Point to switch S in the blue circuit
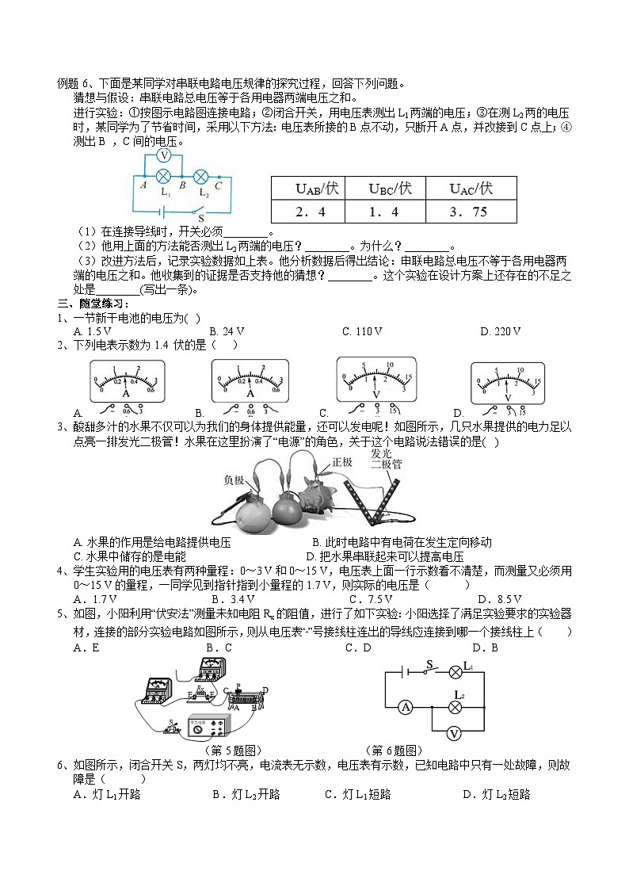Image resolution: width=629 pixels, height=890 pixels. pyautogui.click(x=200, y=212)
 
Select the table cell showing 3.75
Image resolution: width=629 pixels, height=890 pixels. pyautogui.click(x=471, y=212)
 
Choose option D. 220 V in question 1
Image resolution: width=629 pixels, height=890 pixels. pyautogui.click(x=501, y=331)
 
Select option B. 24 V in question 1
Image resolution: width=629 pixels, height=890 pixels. pyautogui.click(x=227, y=331)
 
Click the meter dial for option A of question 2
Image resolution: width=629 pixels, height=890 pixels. pyautogui.click(x=126, y=380)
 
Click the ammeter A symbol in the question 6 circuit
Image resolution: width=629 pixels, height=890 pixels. pyautogui.click(x=403, y=706)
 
